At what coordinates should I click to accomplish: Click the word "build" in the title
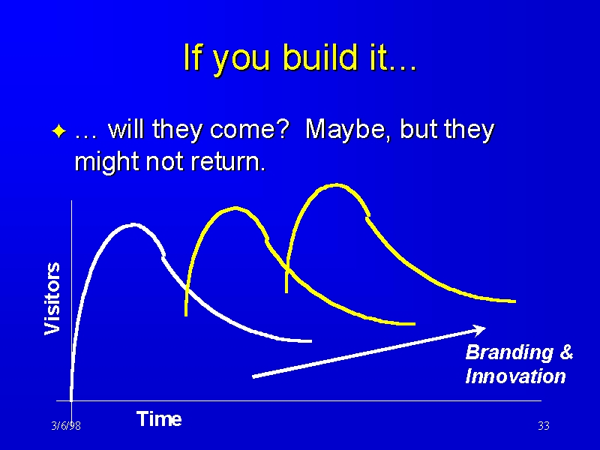319,57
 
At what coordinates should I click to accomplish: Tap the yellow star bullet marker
59,131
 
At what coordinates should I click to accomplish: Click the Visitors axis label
52,298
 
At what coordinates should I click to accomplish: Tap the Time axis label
159,418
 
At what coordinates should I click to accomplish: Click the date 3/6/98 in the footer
66,425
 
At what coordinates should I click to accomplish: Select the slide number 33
543,425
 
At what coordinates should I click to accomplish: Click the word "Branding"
509,352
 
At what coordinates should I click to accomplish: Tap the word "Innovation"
515,376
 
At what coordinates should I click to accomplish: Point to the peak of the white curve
133,224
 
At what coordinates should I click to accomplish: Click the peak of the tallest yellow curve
336,185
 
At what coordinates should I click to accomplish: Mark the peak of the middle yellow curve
235,209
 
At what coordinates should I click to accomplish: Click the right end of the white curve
311,341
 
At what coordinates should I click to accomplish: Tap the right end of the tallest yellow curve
515,301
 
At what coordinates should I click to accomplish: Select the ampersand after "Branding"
566,352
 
